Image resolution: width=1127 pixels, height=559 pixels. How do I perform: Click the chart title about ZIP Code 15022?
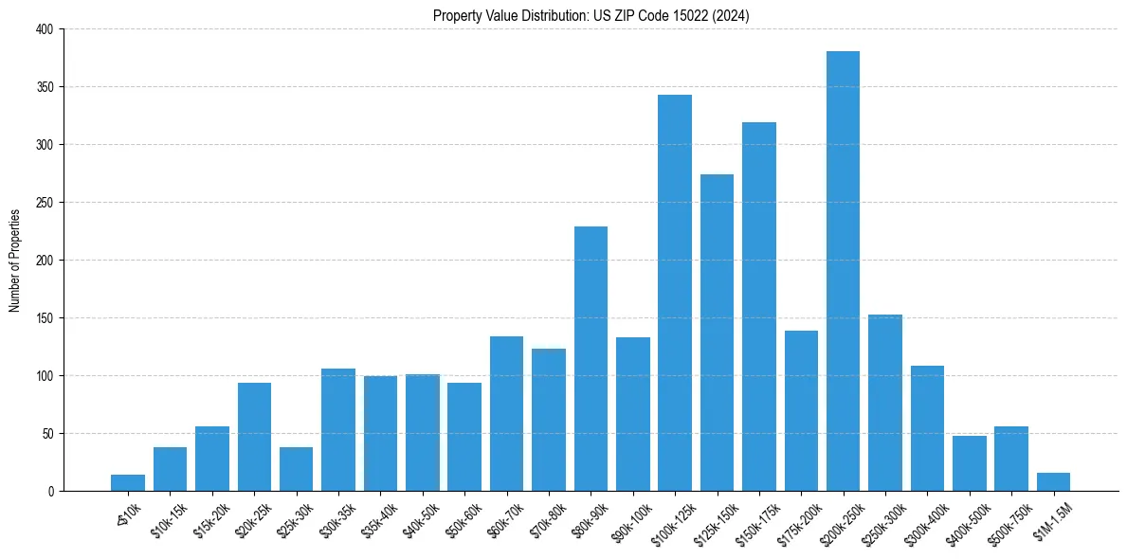(x=591, y=16)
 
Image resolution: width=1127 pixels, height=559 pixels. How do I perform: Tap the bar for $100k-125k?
(x=675, y=293)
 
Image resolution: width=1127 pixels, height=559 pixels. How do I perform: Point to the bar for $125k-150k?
(x=717, y=333)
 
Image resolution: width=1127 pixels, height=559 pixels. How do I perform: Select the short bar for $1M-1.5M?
(x=1053, y=481)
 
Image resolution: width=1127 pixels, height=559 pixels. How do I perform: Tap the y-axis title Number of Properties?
(x=15, y=260)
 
